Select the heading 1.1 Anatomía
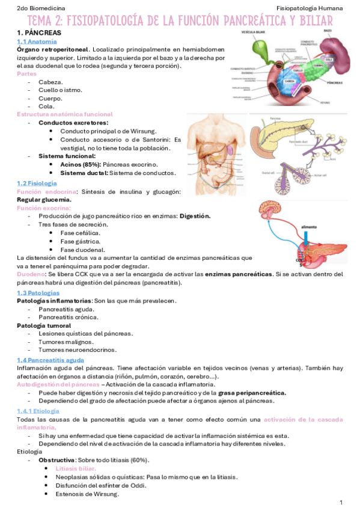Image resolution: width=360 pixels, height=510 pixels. point(37,41)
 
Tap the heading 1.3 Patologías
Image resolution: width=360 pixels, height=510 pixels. point(38,292)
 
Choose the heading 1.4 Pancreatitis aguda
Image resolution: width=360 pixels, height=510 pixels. point(50,360)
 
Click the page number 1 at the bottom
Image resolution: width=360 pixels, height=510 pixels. point(341,502)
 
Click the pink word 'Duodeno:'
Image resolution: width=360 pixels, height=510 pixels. point(32,274)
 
